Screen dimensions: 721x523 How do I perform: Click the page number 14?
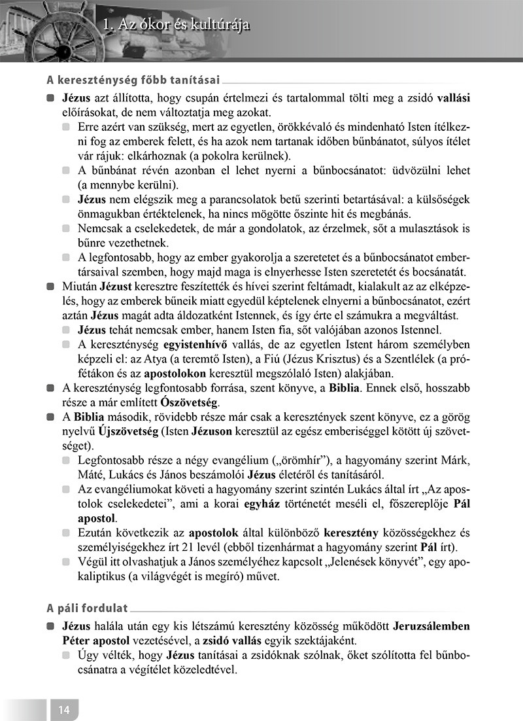click(x=63, y=709)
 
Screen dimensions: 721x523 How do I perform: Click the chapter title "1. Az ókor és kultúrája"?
click(x=177, y=26)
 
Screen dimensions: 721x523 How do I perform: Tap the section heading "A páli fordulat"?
click(x=87, y=608)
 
